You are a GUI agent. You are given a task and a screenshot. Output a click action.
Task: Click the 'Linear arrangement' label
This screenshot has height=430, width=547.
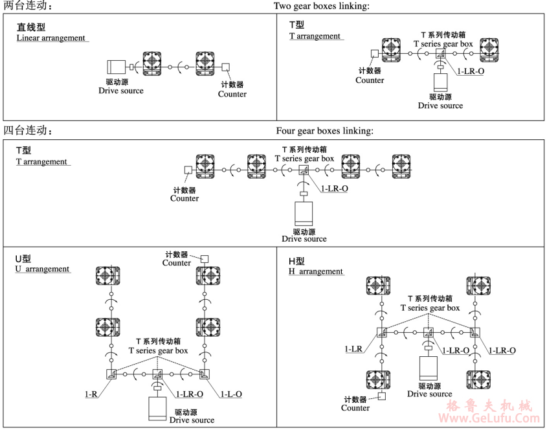tap(51, 38)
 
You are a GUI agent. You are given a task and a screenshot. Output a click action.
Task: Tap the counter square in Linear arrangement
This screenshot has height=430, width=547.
tap(225, 67)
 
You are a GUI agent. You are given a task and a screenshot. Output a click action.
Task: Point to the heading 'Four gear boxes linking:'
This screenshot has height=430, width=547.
tap(324, 131)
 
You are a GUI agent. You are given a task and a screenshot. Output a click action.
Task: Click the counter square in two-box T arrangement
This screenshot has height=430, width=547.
tap(374, 54)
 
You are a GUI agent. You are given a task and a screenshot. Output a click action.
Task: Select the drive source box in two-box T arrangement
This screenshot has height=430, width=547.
tap(440, 82)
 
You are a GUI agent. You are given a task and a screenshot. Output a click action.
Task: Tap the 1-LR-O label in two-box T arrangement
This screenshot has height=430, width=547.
tap(471, 71)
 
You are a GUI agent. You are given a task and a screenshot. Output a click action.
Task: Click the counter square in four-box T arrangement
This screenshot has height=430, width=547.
tap(188, 170)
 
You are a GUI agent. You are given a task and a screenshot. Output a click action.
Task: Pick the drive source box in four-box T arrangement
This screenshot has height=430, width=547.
tap(304, 213)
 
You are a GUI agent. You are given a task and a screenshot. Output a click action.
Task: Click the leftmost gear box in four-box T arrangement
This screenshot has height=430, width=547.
tap(206, 166)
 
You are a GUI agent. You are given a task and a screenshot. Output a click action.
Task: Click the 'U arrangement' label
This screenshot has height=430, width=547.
tap(43, 269)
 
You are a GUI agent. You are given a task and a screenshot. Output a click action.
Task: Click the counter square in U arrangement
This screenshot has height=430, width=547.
tap(204, 258)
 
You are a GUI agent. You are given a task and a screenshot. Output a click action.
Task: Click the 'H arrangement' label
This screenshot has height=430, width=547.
tap(316, 272)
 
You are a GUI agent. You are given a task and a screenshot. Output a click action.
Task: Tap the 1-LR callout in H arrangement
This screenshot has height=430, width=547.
tap(353, 349)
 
